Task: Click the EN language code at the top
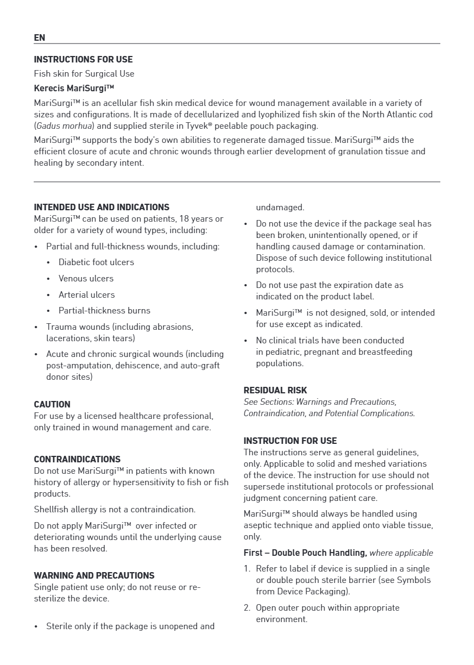point(39,37)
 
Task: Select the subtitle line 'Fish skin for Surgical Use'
point(84,73)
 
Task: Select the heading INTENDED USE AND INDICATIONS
point(102,207)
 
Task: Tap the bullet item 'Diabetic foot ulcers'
point(96,262)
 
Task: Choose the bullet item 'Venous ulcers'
point(86,278)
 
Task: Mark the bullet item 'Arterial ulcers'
point(86,294)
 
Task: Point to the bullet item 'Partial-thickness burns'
point(104,310)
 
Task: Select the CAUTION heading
point(52,404)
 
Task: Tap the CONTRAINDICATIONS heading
point(77,459)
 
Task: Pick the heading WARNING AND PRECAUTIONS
point(94,575)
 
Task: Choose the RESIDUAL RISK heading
point(275,390)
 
